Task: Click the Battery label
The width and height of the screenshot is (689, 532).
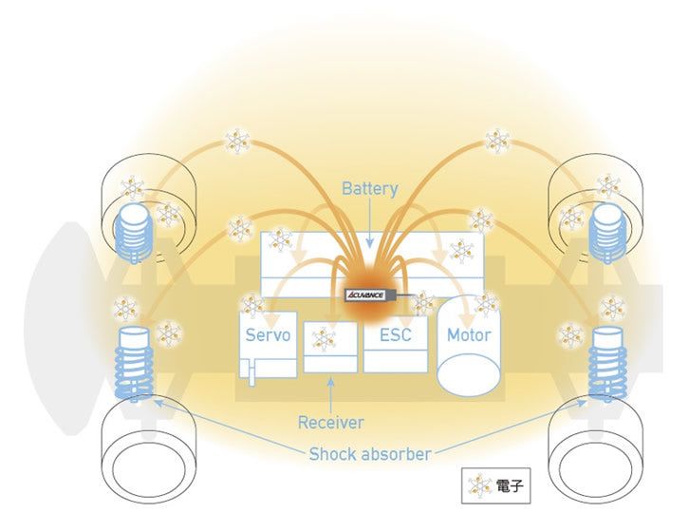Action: click(370, 188)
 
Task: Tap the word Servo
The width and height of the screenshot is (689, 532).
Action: click(268, 335)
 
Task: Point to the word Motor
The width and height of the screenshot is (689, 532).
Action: click(469, 335)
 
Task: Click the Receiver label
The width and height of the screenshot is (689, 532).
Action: click(330, 422)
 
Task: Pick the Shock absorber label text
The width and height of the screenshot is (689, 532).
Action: click(370, 454)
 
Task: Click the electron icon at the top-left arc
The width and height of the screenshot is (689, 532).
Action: click(237, 142)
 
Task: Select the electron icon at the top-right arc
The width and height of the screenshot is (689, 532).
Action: click(496, 142)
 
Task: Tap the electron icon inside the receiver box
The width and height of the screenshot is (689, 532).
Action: click(325, 338)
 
